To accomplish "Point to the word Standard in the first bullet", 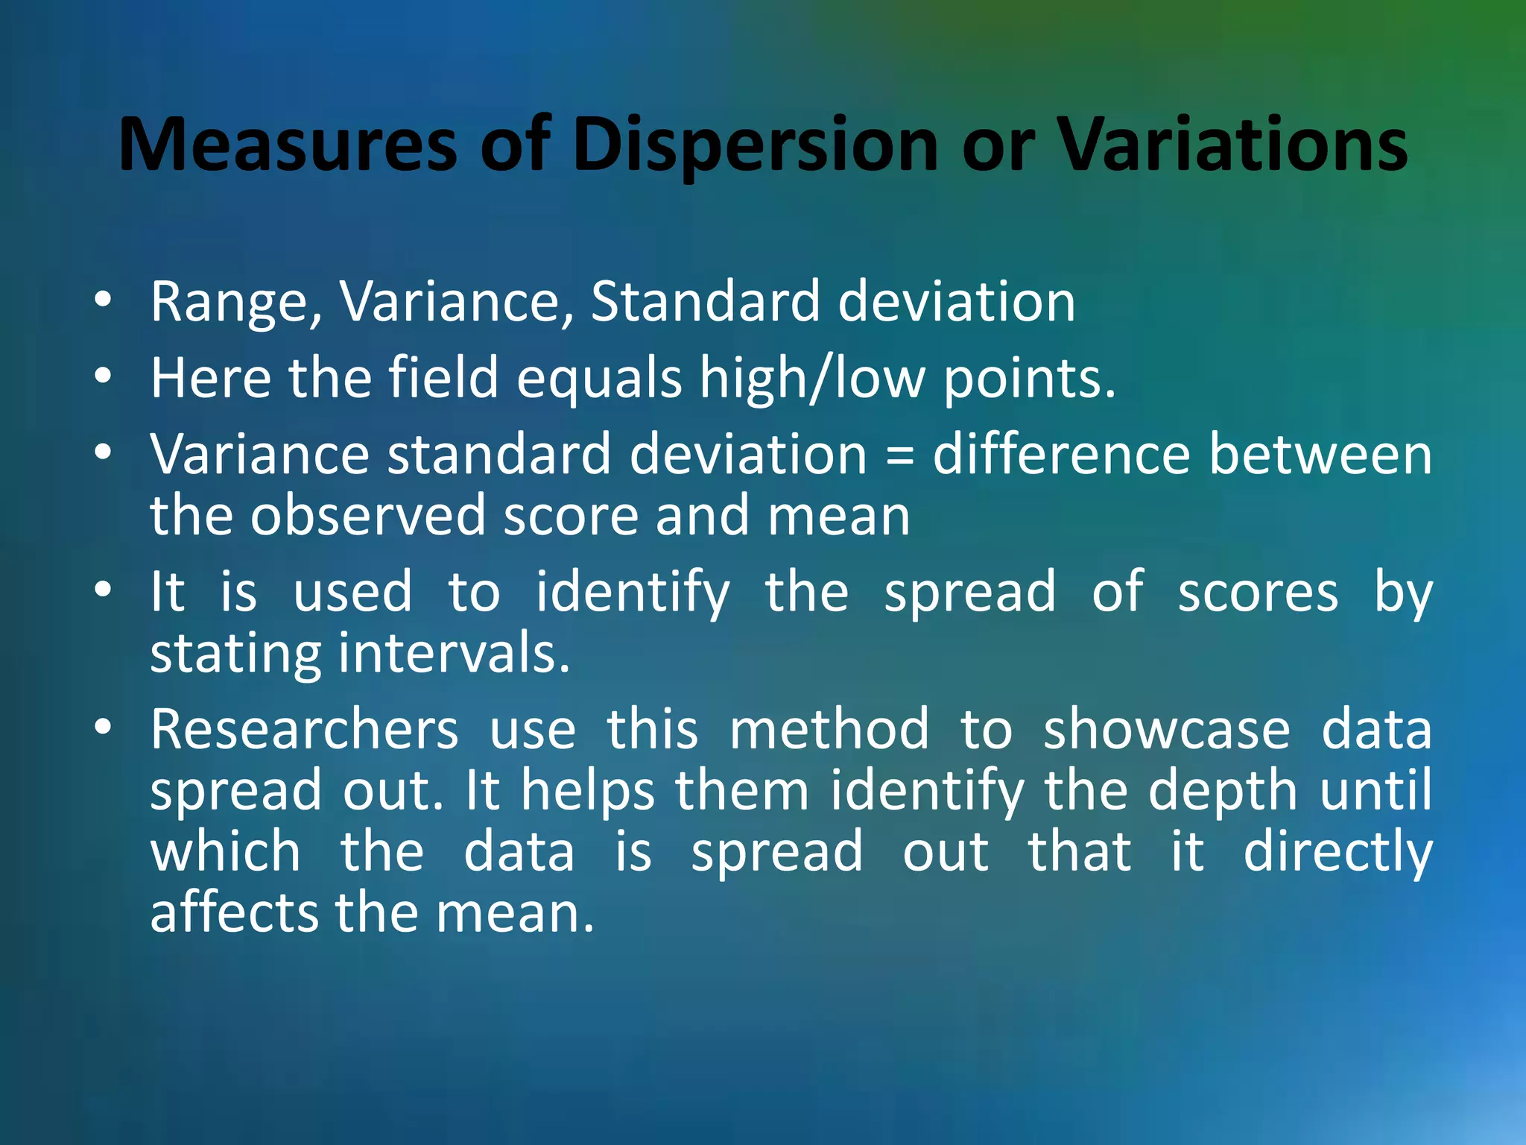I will (705, 301).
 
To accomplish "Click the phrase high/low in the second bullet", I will (812, 379).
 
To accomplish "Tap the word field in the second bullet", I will (443, 377).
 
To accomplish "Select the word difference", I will (1062, 454).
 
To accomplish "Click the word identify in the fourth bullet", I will (633, 593).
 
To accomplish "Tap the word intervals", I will (455, 653).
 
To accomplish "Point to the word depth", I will (1223, 792).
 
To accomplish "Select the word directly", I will (1337, 853).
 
